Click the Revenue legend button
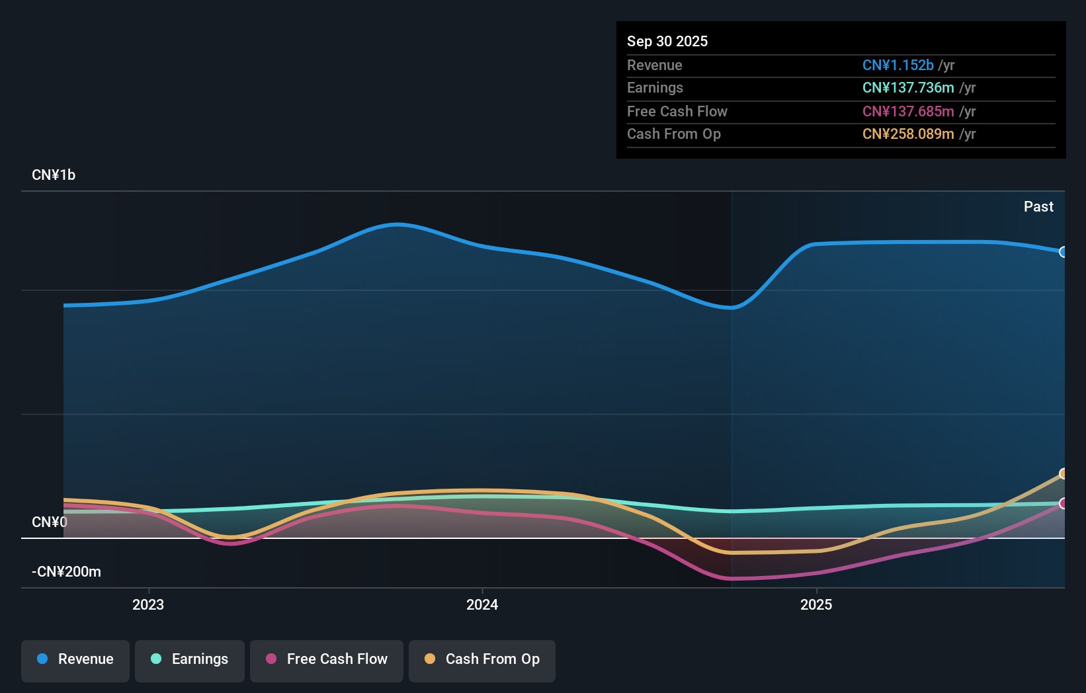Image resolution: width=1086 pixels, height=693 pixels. [x=75, y=660]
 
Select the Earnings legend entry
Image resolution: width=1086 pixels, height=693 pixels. [x=190, y=660]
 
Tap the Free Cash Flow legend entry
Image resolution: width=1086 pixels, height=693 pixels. [x=327, y=660]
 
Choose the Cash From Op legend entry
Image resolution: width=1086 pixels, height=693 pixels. [x=482, y=660]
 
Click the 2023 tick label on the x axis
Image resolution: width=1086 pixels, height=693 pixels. [x=148, y=605]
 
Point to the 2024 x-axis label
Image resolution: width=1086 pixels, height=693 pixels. [x=482, y=605]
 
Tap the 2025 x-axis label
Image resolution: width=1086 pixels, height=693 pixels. [x=816, y=605]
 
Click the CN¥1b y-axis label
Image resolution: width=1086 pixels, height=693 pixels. [x=54, y=175]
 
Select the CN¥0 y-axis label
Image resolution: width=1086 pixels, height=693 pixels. [x=50, y=522]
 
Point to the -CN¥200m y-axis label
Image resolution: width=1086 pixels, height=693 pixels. [x=66, y=572]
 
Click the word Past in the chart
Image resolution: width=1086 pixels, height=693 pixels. [x=1038, y=207]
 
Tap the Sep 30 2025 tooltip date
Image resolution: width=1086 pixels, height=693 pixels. [x=667, y=42]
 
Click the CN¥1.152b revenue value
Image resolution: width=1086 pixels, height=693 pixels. [x=898, y=65]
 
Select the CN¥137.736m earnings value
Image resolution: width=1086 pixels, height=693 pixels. [x=907, y=88]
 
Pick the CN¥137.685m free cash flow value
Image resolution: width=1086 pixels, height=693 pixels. [x=907, y=112]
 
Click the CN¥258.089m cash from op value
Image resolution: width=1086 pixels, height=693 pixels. [x=907, y=134]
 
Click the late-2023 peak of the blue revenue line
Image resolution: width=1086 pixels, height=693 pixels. [x=397, y=225]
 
